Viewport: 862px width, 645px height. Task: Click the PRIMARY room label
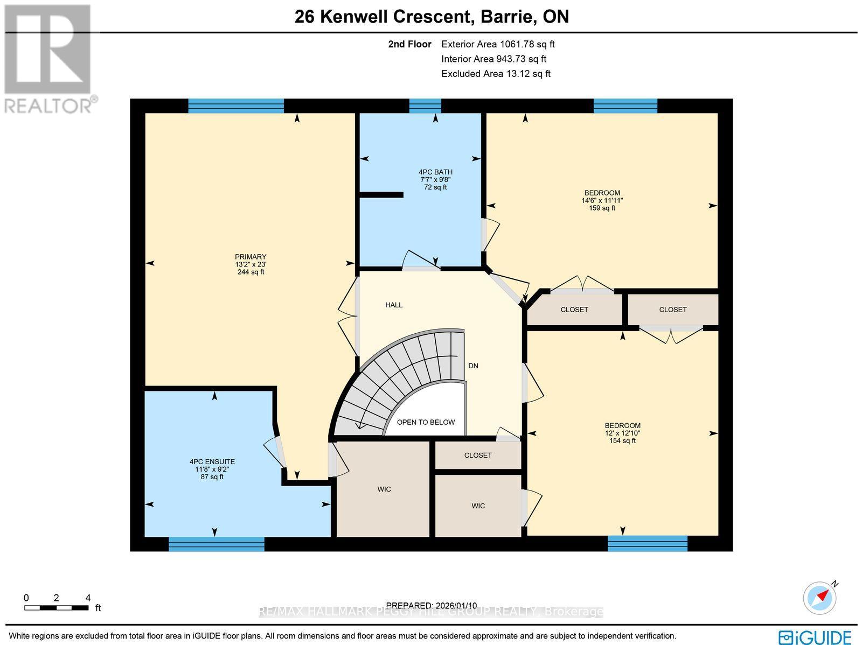(x=251, y=257)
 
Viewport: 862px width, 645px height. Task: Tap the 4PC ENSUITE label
(x=212, y=462)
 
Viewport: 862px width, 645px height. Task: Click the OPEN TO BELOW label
(x=426, y=422)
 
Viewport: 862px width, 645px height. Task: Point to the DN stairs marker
(x=473, y=366)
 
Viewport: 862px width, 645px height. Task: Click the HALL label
(x=394, y=305)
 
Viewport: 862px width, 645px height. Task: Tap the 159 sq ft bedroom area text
(x=602, y=208)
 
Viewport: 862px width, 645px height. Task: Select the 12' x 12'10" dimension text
(x=622, y=433)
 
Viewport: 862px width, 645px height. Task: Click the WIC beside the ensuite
(x=384, y=489)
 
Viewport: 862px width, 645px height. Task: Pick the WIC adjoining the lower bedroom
(x=478, y=506)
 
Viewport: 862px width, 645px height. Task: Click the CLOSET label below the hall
(x=478, y=455)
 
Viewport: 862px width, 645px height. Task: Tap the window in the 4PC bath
(x=425, y=106)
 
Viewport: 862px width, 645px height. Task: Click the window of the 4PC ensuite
(x=217, y=544)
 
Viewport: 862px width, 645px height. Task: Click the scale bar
(x=57, y=608)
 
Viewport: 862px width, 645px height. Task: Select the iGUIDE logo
(x=815, y=637)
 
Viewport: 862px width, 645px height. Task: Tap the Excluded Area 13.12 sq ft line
(x=496, y=74)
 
